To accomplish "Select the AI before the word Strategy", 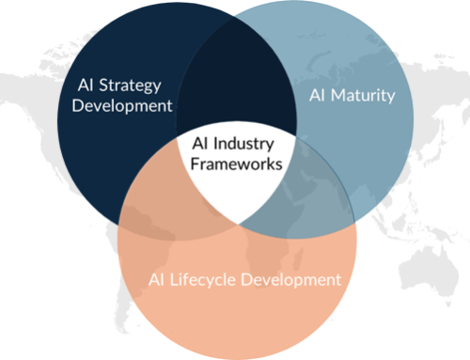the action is point(86,83).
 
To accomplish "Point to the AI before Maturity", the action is point(318,95).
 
